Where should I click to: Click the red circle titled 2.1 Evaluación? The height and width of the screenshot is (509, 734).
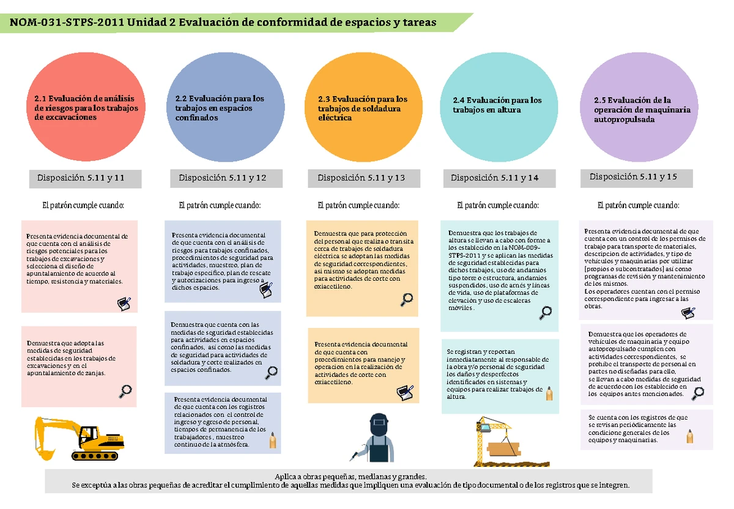[x=86, y=107]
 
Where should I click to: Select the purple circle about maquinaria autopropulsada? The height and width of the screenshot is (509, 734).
[x=639, y=107]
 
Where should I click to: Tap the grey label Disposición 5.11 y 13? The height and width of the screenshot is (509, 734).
[x=364, y=178]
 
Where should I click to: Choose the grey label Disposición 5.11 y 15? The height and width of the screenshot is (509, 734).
[x=636, y=178]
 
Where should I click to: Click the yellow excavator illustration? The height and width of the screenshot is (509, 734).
[x=80, y=438]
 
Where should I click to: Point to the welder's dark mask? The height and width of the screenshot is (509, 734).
[x=379, y=425]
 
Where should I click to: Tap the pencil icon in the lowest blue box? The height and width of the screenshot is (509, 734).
[x=273, y=440]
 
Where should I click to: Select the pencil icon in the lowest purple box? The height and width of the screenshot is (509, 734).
[x=690, y=436]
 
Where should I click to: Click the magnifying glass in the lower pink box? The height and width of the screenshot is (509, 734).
[x=125, y=392]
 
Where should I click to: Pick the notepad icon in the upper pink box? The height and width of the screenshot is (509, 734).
[x=124, y=304]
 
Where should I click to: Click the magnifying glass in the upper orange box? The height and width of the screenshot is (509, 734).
[x=407, y=300]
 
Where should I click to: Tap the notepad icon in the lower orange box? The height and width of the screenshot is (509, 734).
[x=405, y=393]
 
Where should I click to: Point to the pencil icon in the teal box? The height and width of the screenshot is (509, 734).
[x=549, y=393]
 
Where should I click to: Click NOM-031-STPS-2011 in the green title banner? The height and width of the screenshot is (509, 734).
[x=67, y=22]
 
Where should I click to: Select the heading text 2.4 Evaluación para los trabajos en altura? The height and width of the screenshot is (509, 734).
[x=497, y=105]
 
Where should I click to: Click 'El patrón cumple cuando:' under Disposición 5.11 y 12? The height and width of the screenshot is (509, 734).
[x=220, y=206]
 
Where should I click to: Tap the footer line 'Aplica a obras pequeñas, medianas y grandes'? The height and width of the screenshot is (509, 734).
[x=350, y=477]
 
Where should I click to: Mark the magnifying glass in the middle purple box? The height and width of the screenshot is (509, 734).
[x=698, y=393]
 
